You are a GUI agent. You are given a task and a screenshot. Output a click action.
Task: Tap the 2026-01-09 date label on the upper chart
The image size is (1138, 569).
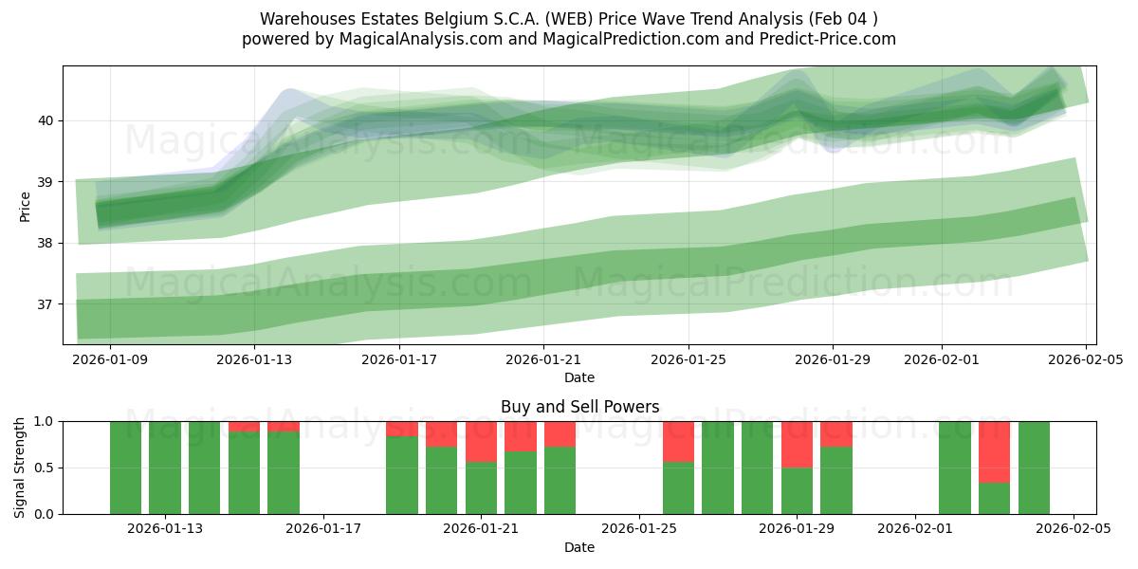coord(109,360)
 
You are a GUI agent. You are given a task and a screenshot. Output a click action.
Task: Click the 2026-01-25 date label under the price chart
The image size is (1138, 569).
coord(688,360)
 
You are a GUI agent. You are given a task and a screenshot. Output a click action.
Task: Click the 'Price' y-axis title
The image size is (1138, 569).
coord(25,206)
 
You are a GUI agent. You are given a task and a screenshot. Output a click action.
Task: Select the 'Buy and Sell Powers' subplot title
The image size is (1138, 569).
coord(579,407)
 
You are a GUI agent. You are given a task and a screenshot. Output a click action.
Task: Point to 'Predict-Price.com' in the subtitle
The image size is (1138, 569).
coord(834,39)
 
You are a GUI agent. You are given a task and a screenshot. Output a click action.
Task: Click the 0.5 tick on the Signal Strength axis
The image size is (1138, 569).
coord(44,468)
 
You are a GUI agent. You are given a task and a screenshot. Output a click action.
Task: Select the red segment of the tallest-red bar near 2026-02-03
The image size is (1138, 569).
coord(994,451)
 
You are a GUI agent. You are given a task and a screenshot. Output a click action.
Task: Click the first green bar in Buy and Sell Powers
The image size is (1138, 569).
coord(125,468)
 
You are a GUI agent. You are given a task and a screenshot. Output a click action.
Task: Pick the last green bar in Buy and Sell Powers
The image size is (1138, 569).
coord(1034,468)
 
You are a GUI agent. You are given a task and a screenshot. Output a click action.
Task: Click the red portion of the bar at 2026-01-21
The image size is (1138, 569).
coord(481,441)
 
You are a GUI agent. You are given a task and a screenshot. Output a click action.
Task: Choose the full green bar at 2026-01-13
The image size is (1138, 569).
coord(165,468)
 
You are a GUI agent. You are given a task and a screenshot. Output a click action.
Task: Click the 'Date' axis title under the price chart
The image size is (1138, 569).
coord(579,377)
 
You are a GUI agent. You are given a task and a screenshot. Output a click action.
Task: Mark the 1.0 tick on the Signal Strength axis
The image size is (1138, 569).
coord(44,421)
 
